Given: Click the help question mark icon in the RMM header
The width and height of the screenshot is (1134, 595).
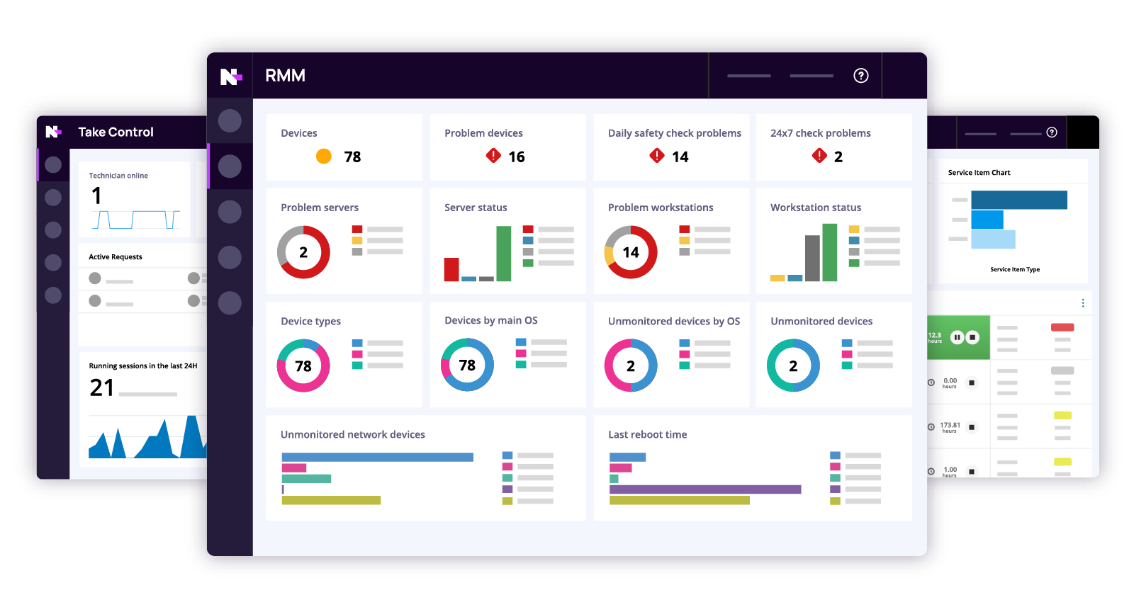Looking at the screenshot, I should [x=860, y=76].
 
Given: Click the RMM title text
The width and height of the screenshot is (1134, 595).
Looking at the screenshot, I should [x=285, y=76].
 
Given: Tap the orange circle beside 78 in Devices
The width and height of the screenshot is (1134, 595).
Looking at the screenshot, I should [x=324, y=157].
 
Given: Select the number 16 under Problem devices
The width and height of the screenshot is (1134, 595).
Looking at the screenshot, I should [x=517, y=157].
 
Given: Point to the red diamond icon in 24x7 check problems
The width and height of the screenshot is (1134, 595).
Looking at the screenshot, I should [x=819, y=156].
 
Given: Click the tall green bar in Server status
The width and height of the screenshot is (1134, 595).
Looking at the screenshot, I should [x=504, y=253].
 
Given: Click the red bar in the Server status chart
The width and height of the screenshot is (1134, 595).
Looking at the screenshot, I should [x=451, y=269].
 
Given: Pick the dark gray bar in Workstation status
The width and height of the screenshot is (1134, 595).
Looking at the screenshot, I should [x=812, y=258].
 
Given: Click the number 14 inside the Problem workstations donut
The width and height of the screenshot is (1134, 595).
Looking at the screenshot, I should [x=631, y=253].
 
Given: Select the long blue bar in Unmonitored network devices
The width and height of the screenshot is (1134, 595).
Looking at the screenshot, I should [x=377, y=458].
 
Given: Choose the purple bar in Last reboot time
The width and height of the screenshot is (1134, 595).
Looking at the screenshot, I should [x=704, y=489].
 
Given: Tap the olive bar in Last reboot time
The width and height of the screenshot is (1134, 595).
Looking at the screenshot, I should [x=679, y=501].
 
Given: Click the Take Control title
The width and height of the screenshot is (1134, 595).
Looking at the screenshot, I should [x=116, y=132].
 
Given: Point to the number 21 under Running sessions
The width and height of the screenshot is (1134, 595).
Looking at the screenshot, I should [x=102, y=387].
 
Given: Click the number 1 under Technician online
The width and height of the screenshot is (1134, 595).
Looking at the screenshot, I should [x=96, y=195].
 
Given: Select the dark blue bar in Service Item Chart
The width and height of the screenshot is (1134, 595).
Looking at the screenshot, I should [x=1018, y=200].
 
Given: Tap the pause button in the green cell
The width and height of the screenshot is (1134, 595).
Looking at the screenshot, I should [x=957, y=337].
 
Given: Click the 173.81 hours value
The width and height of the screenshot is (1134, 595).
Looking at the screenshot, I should [x=950, y=426].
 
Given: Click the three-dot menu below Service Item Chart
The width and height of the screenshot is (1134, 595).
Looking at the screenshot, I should [x=1082, y=303].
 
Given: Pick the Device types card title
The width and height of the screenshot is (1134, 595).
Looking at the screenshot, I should [x=310, y=322].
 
